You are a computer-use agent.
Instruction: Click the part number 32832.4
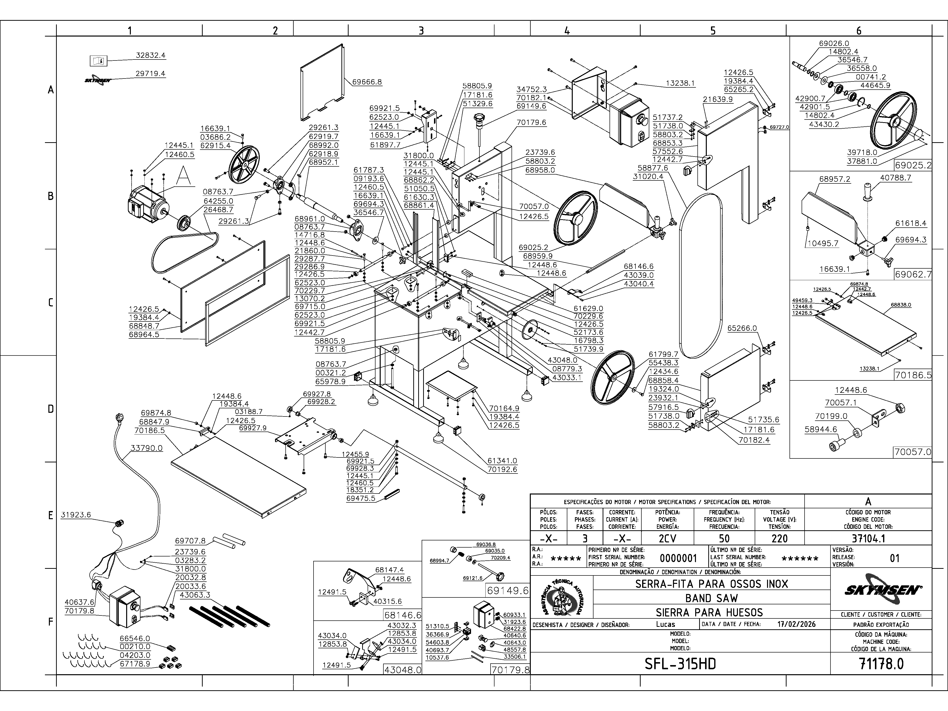[x=150, y=55]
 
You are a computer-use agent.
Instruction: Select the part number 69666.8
[x=367, y=82]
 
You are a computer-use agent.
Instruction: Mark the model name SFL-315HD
[x=680, y=664]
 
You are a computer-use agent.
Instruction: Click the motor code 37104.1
[x=868, y=538]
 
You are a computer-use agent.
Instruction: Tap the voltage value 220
[x=779, y=538]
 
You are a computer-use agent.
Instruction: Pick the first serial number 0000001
[x=678, y=558]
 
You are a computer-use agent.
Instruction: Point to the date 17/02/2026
[x=796, y=624]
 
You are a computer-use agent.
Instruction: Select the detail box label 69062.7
[x=913, y=274]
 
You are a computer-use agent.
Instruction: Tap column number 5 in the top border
[x=713, y=30]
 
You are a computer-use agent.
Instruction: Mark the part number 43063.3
[x=195, y=595]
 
